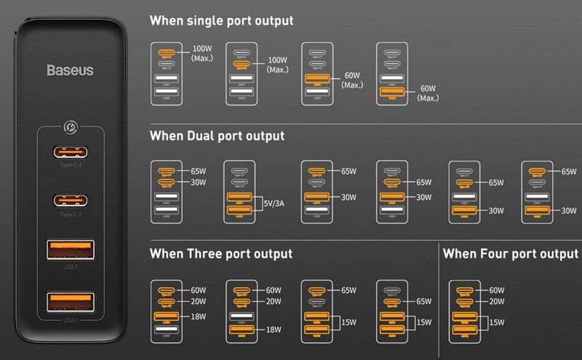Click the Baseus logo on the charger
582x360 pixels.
[70, 71]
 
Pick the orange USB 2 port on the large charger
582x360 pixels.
[71, 302]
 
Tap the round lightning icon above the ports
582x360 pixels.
[71, 126]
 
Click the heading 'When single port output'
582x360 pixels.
[221, 20]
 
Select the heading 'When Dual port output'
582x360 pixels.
[217, 135]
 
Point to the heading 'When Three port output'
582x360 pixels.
[220, 254]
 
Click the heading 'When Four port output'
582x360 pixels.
[510, 254]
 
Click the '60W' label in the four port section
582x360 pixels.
[497, 290]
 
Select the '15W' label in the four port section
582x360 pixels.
[498, 323]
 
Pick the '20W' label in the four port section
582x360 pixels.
[497, 302]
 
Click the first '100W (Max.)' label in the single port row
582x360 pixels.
[203, 55]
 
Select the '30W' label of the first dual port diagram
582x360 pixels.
[197, 183]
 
